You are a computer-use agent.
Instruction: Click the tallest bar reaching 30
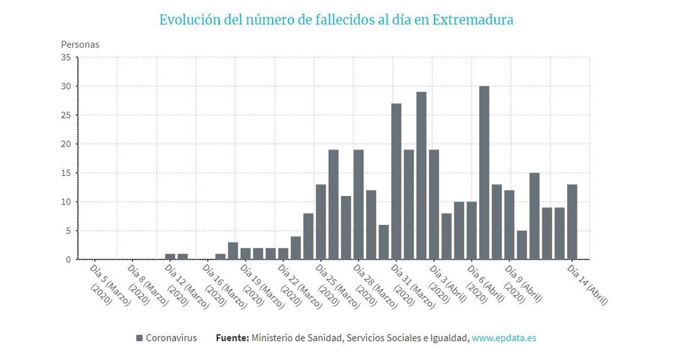point(484,173)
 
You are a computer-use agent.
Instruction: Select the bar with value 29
point(421,176)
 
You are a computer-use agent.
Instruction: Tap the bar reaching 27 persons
point(396,181)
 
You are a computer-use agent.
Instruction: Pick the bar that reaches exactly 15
point(534,216)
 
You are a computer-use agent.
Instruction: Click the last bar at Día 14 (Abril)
point(572,222)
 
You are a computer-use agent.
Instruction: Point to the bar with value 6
point(384,242)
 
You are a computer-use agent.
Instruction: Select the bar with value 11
point(346,227)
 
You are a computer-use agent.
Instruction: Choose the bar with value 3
point(233,250)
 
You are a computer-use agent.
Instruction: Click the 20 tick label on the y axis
point(66,144)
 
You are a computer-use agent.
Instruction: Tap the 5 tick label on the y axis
point(68,231)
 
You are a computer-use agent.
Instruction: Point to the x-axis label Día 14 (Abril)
point(588,285)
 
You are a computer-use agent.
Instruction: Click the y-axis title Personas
point(80,44)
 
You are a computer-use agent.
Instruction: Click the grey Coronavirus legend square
point(140,338)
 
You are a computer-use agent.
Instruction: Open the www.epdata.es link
point(504,338)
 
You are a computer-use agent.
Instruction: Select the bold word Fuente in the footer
point(232,338)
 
